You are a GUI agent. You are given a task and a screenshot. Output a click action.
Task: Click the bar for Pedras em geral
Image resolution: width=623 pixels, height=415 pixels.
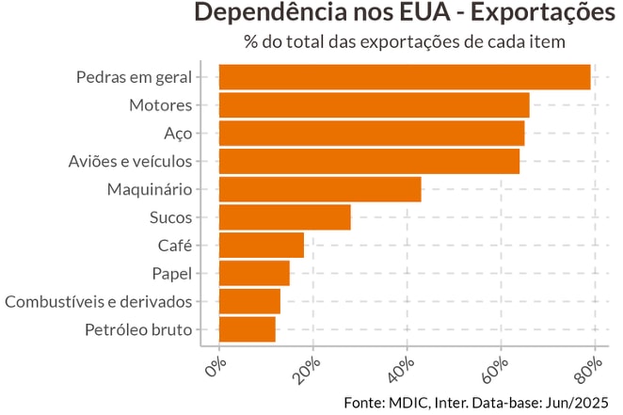tap(405, 77)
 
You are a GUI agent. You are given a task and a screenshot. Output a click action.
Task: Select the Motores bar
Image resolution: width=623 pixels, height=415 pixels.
tap(374, 104)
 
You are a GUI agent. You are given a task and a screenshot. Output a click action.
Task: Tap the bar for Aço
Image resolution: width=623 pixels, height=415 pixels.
tap(372, 133)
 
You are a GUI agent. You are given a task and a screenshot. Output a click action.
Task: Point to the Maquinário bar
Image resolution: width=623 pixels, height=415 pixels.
tap(320, 189)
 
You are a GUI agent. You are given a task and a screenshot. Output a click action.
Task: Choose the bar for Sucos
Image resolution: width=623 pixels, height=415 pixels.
tap(284, 217)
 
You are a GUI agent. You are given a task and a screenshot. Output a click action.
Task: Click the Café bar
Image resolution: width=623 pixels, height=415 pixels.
tap(262, 246)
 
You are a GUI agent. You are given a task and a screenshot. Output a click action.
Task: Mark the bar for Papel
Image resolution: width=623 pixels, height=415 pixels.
tap(254, 273)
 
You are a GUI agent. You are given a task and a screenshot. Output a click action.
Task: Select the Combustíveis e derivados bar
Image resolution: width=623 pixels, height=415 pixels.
tap(249, 301)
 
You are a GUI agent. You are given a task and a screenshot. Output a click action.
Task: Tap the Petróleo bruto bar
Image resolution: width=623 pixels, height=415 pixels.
tap(248, 329)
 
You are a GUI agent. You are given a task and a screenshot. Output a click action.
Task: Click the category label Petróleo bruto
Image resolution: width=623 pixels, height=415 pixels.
tap(138, 329)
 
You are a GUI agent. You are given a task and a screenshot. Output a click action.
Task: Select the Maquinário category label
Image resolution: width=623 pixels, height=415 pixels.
tap(149, 189)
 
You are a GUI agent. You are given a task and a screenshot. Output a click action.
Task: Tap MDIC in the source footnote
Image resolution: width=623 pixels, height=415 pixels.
tap(402, 402)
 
